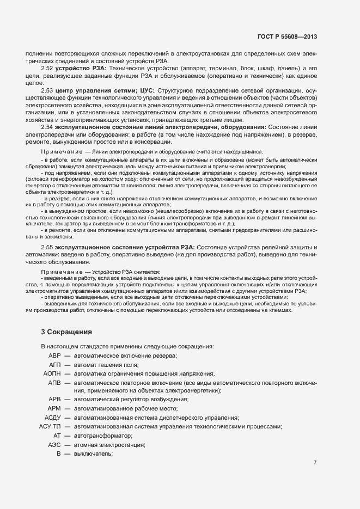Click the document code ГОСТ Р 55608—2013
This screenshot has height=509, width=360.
pos(286,36)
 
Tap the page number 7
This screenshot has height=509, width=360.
pos(315,462)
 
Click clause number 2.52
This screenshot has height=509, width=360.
pos(47,69)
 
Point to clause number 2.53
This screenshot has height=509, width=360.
pos(47,90)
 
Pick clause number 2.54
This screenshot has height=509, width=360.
pos(47,127)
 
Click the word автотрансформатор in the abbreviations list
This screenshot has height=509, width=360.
pos(103,436)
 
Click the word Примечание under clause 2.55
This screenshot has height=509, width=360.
pos(60,271)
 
